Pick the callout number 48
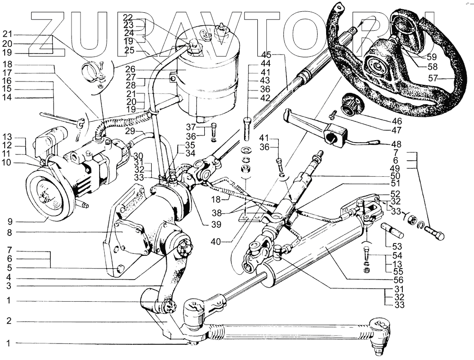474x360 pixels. tap(397, 144)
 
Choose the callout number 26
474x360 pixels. tap(131, 69)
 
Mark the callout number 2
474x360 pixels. tap(9, 321)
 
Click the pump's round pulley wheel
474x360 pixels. tap(49, 195)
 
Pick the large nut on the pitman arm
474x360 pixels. tap(184, 247)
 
